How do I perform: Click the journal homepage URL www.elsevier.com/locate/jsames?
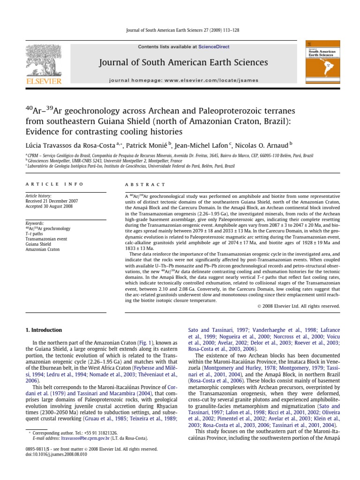(x=216, y=80)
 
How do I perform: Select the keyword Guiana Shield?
(x=39, y=244)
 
